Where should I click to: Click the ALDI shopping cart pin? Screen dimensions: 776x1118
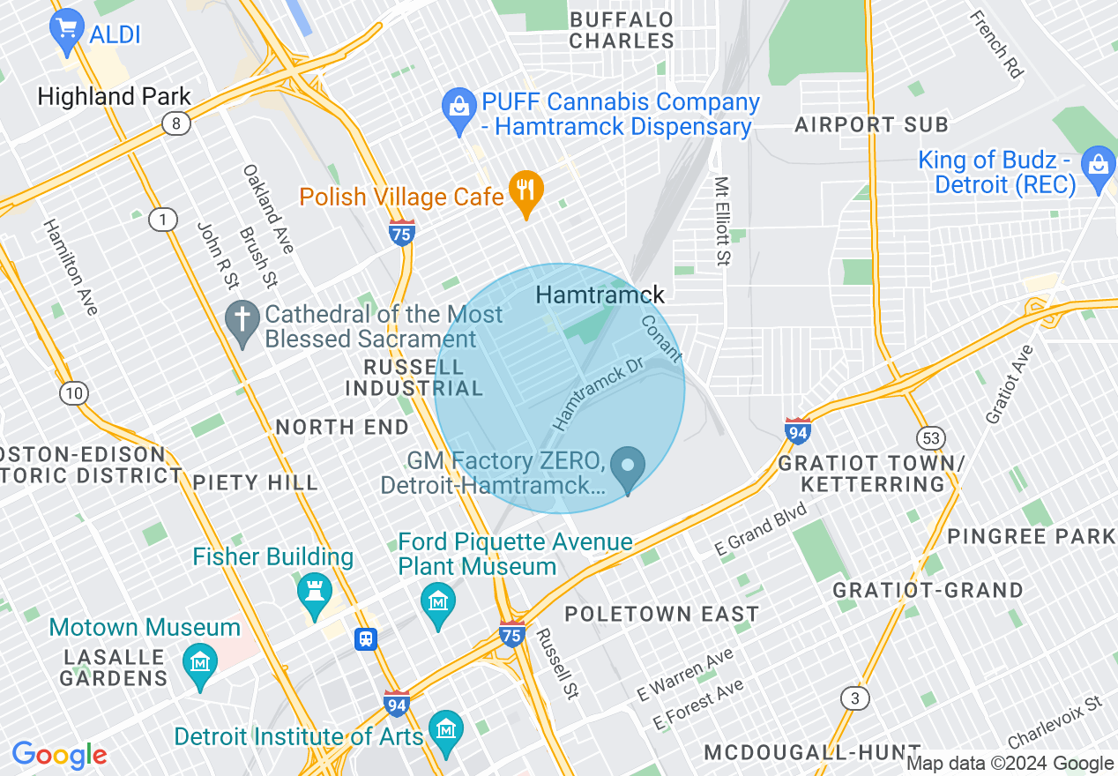tap(66, 33)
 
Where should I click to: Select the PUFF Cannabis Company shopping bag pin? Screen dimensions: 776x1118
tap(458, 109)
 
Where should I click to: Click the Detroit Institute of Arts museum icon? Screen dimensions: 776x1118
tap(445, 731)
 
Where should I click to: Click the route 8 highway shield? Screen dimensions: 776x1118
tap(176, 124)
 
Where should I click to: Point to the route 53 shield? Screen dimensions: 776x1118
tap(930, 437)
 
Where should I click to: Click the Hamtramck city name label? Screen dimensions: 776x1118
tap(600, 295)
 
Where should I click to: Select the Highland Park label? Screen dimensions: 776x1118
tap(114, 96)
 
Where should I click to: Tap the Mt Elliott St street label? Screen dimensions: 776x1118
tap(722, 220)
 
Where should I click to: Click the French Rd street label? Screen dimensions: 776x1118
tap(995, 44)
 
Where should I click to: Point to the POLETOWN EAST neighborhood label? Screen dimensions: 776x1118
tap(661, 614)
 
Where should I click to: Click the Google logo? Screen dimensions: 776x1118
tap(59, 755)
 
